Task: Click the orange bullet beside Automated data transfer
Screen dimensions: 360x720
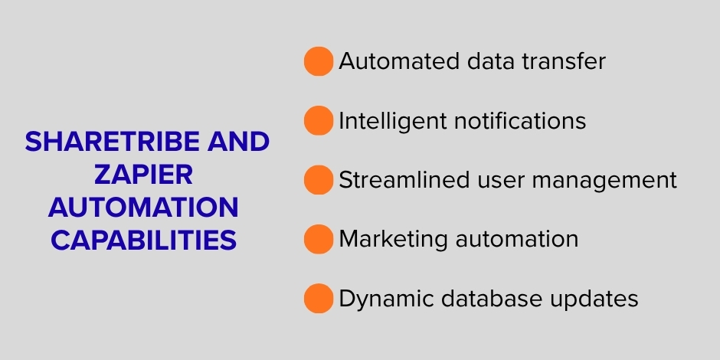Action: pyautogui.click(x=319, y=61)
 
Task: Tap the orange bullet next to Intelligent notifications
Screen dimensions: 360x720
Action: pyautogui.click(x=319, y=121)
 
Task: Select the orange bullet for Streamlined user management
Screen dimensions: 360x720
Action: pyautogui.click(x=319, y=180)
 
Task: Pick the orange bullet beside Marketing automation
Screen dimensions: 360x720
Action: pyautogui.click(x=319, y=239)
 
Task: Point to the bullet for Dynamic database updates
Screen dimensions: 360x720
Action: pyautogui.click(x=319, y=299)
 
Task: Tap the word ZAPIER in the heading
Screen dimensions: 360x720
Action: pyautogui.click(x=144, y=175)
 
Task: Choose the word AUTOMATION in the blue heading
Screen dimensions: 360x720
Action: pyautogui.click(x=144, y=208)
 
